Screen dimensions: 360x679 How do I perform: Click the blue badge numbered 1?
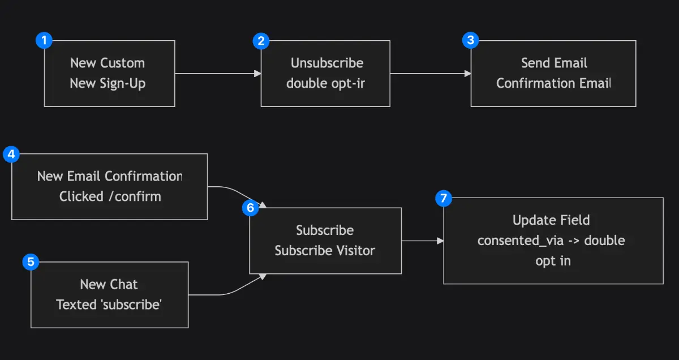tap(44, 40)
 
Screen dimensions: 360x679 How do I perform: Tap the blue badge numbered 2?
tap(261, 40)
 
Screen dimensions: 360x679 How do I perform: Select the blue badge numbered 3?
tap(471, 40)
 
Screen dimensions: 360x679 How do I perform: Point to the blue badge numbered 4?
tap(11, 153)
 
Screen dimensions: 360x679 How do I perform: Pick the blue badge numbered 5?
tap(31, 262)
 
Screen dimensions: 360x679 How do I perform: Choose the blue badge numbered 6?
tap(250, 208)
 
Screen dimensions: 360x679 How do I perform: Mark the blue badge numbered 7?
tap(444, 198)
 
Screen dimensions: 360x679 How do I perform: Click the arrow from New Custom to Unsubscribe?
tap(218, 74)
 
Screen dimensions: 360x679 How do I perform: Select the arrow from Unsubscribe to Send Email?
tap(430, 74)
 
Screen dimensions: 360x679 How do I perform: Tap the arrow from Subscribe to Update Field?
tap(422, 241)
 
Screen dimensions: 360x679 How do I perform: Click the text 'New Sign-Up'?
tap(108, 84)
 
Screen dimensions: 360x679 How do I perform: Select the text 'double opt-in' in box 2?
tap(325, 84)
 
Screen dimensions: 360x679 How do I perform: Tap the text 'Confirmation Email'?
tap(553, 84)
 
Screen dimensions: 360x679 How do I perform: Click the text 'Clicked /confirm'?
tap(110, 197)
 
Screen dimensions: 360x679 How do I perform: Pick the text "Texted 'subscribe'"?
tap(109, 305)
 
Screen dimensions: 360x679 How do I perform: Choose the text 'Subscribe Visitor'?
tap(325, 251)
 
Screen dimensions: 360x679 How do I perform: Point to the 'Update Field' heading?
tap(551, 220)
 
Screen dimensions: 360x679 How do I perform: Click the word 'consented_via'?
tap(521, 241)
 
